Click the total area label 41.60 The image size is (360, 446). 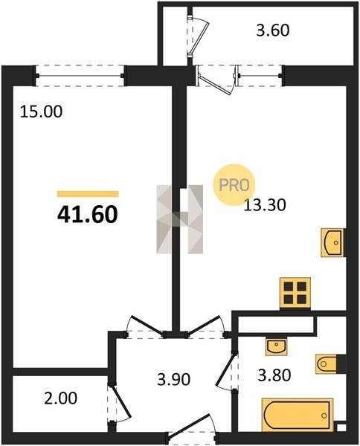[x=87, y=215]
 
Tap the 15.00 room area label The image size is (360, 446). [x=41, y=111]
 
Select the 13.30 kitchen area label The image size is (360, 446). [x=265, y=205]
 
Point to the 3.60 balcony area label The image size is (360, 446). [x=273, y=30]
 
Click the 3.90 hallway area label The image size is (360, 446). [x=173, y=379]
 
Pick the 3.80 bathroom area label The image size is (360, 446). [x=274, y=375]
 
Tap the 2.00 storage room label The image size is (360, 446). [x=60, y=398]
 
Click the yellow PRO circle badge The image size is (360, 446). [x=234, y=185]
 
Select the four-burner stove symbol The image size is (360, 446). [x=295, y=293]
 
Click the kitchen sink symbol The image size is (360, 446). [x=333, y=242]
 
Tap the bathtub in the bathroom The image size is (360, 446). [x=298, y=416]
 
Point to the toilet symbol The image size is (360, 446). [x=328, y=363]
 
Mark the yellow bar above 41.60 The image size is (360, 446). [x=88, y=194]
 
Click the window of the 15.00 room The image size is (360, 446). [x=80, y=76]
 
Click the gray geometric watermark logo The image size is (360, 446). [x=179, y=219]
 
